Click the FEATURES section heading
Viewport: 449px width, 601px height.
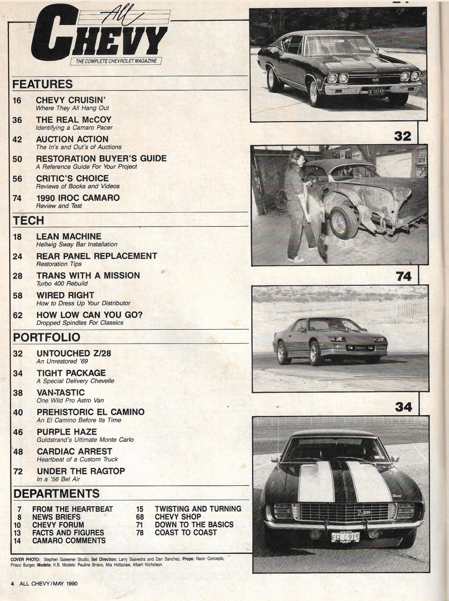pyautogui.click(x=42, y=84)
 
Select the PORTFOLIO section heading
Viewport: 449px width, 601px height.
pyautogui.click(x=47, y=337)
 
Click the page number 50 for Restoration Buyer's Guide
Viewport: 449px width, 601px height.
pyautogui.click(x=17, y=159)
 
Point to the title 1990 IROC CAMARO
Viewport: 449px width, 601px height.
pyautogui.click(x=78, y=198)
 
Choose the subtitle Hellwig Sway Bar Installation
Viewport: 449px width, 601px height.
pyautogui.click(x=76, y=244)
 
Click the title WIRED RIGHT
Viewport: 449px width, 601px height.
pyautogui.click(x=65, y=295)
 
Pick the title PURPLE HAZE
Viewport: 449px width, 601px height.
pyautogui.click(x=67, y=432)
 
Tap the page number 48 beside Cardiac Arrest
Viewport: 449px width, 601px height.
pyautogui.click(x=18, y=452)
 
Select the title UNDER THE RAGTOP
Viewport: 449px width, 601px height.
pyautogui.click(x=81, y=471)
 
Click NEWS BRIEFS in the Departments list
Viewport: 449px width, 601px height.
pyautogui.click(x=56, y=517)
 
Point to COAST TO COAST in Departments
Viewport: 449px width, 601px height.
pyautogui.click(x=186, y=533)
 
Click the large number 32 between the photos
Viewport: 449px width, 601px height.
pyautogui.click(x=403, y=135)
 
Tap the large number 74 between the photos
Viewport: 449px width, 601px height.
pyautogui.click(x=403, y=276)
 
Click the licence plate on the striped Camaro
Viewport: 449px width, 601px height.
pyautogui.click(x=345, y=537)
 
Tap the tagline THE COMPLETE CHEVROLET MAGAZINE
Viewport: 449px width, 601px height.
pyautogui.click(x=115, y=61)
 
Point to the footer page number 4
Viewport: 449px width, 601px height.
pyautogui.click(x=12, y=583)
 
